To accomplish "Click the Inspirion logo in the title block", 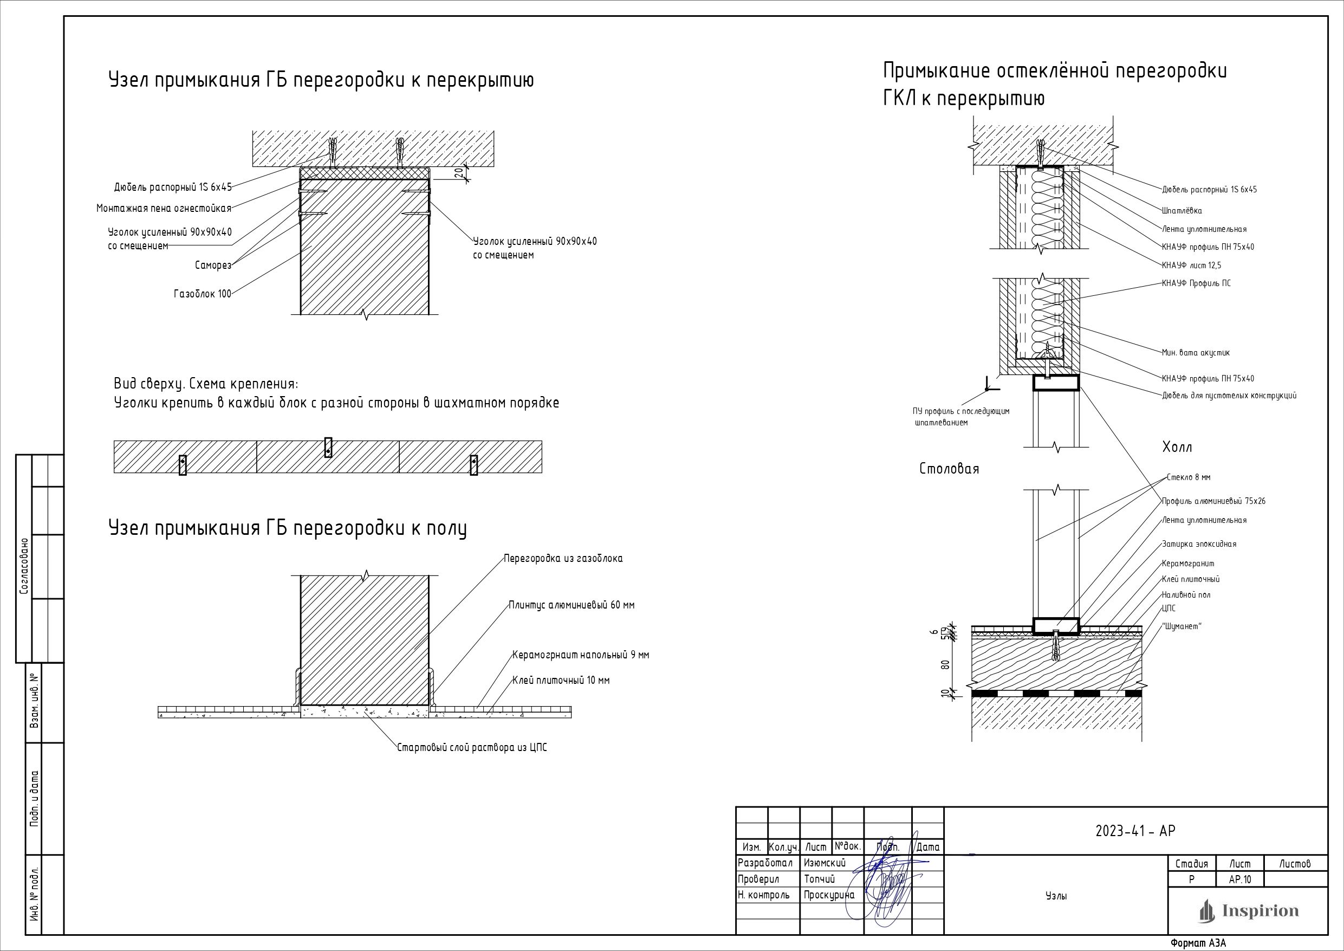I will [1248, 911].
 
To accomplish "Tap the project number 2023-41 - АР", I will [1135, 831].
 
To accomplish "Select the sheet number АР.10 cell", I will [1240, 879].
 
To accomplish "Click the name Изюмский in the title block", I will [826, 863].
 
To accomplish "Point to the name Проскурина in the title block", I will [829, 895].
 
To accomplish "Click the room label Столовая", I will [949, 469].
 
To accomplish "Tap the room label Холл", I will [1177, 448].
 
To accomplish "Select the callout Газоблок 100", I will [203, 294].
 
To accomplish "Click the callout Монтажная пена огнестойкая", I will [164, 209].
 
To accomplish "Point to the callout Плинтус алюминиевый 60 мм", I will [572, 605].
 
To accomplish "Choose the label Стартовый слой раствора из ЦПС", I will [472, 748].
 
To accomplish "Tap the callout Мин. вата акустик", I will [1196, 353].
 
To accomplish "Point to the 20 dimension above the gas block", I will [458, 173].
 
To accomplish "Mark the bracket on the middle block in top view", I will [328, 448].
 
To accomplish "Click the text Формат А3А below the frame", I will [1198, 943].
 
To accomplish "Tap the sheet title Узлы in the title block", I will [1055, 896].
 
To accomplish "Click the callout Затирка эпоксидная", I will [1199, 544].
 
